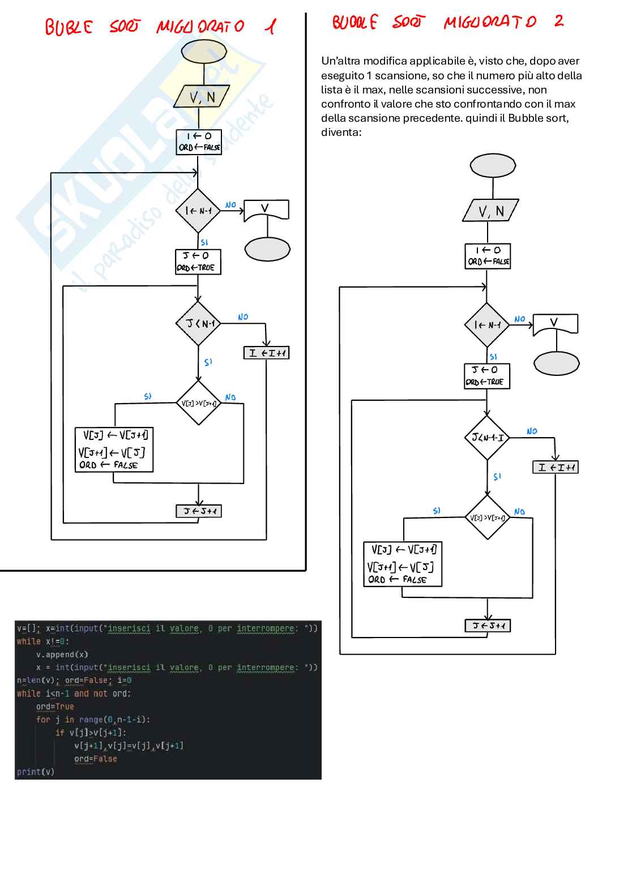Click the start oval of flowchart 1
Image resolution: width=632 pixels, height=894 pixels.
pyautogui.click(x=203, y=52)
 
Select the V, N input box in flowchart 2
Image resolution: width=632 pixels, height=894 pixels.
pyautogui.click(x=490, y=211)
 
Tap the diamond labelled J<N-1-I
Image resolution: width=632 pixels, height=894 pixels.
pyautogui.click(x=487, y=437)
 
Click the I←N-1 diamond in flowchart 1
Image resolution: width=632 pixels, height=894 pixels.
pyautogui.click(x=198, y=211)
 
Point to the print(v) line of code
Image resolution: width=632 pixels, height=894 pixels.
pyautogui.click(x=36, y=772)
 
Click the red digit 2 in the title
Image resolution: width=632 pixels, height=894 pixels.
pyautogui.click(x=559, y=21)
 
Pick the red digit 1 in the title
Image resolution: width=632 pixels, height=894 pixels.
pyautogui.click(x=271, y=26)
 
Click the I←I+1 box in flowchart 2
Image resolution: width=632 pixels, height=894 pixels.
pyautogui.click(x=555, y=467)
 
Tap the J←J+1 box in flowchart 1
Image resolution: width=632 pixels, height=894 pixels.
pyautogui.click(x=199, y=511)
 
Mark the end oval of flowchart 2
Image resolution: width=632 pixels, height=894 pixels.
pyautogui.click(x=556, y=363)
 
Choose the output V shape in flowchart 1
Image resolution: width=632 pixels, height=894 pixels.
pyautogui.click(x=266, y=209)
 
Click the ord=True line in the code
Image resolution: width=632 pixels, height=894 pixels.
pyautogui.click(x=55, y=707)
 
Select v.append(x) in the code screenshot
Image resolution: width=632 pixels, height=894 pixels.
pyautogui.click(x=62, y=655)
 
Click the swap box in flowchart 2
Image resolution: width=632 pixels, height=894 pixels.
pyautogui.click(x=402, y=564)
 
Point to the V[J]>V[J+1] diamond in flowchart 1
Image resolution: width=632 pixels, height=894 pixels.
pyautogui.click(x=198, y=403)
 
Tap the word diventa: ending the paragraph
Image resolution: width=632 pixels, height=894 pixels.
pyautogui.click(x=341, y=132)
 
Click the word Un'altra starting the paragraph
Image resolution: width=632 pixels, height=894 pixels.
pyautogui.click(x=340, y=61)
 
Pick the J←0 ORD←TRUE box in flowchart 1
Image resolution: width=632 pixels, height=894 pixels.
pyautogui.click(x=198, y=262)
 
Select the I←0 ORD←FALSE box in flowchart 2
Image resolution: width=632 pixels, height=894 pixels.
pyautogui.click(x=488, y=256)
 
